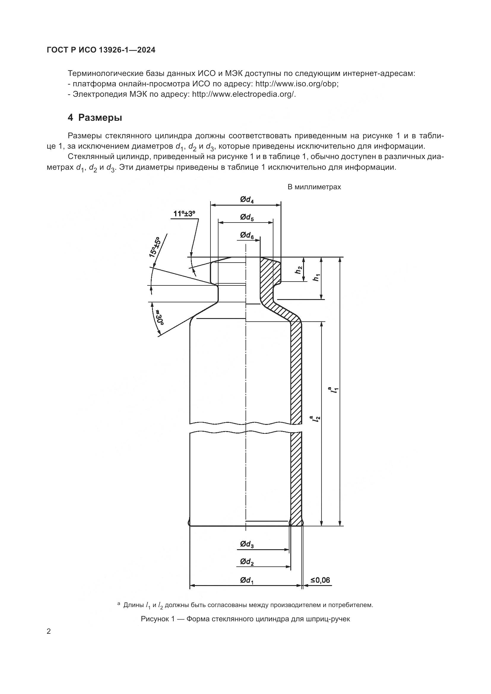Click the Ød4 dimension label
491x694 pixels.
tap(247, 200)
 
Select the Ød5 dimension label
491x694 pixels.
tap(247, 217)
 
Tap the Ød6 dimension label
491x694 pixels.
tap(247, 236)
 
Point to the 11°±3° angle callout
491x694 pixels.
tap(184, 214)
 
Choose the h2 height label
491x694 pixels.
tap(298, 270)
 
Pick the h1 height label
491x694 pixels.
tap(316, 277)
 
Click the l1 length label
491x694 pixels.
tap(334, 390)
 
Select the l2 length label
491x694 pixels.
tap(316, 419)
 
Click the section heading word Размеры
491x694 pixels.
tap(100, 117)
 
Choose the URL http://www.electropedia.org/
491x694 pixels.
tap(243, 94)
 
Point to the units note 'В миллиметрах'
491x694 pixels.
tap(314, 187)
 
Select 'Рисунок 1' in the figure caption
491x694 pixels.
tap(158, 619)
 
